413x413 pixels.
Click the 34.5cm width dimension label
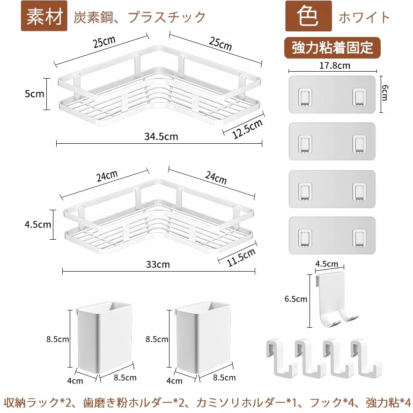[x=161, y=136]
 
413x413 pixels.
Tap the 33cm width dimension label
[x=158, y=264]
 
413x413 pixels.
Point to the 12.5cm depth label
[x=247, y=128]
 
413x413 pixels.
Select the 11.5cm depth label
[x=241, y=257]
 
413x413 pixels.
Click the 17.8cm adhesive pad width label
[x=335, y=66]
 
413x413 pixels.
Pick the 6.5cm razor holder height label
[x=296, y=299]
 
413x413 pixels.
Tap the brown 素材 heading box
[x=44, y=16]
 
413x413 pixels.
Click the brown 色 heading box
[x=309, y=16]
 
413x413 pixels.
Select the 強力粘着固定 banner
[x=332, y=48]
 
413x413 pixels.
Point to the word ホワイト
[x=364, y=17]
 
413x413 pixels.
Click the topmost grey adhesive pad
[x=332, y=95]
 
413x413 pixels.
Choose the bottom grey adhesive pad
[x=332, y=236]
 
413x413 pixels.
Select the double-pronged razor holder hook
[x=334, y=300]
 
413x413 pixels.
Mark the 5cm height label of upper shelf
[x=35, y=94]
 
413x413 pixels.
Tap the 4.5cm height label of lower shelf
[x=37, y=224]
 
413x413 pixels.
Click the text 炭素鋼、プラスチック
[x=140, y=17]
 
